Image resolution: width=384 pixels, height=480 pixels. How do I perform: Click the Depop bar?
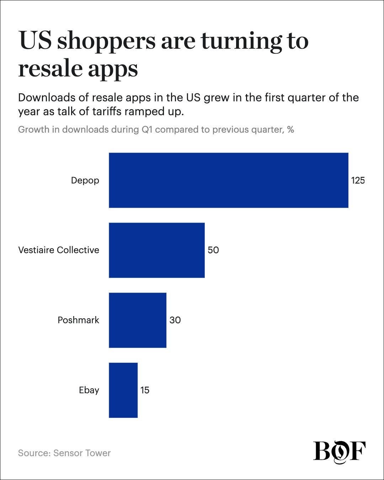pyautogui.click(x=228, y=180)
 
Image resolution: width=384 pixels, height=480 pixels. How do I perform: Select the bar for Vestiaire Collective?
pyautogui.click(x=156, y=250)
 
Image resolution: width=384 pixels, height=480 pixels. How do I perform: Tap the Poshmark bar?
pyautogui.click(x=137, y=320)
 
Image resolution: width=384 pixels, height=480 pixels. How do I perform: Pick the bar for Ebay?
pyautogui.click(x=123, y=390)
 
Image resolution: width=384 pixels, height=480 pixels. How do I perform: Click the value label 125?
pyautogui.click(x=358, y=181)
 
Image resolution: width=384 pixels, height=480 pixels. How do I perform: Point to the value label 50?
pyautogui.click(x=213, y=250)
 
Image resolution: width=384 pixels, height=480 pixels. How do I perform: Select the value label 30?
pyautogui.click(x=175, y=320)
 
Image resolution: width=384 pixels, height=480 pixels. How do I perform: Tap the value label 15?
pyautogui.click(x=145, y=390)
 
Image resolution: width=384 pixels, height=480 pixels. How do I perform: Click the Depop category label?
pyautogui.click(x=85, y=181)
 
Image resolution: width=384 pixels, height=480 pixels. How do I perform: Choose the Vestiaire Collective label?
pyautogui.click(x=59, y=250)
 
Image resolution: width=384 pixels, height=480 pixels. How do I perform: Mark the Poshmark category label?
pyautogui.click(x=78, y=320)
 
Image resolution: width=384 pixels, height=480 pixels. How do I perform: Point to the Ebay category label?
pyautogui.click(x=89, y=390)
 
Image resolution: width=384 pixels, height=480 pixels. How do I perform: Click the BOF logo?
pyautogui.click(x=339, y=452)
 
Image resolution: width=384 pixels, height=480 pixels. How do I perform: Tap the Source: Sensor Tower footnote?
pyautogui.click(x=64, y=453)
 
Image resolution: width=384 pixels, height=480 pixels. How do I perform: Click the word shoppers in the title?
pyautogui.click(x=106, y=41)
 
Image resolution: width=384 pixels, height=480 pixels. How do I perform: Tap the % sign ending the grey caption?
pyautogui.click(x=290, y=129)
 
